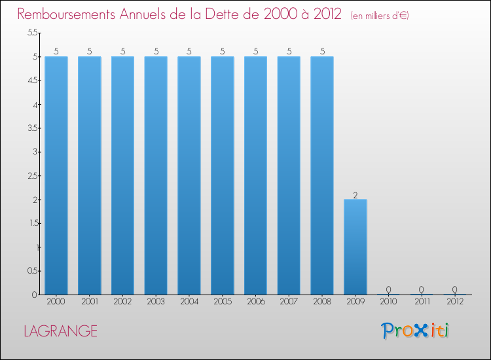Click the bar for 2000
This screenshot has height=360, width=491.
[x=56, y=175]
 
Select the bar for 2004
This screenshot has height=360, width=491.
[x=189, y=175]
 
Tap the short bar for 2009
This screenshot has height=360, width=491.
[x=355, y=247]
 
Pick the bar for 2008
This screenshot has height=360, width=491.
[x=322, y=175]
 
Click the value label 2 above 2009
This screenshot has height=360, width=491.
[x=355, y=195]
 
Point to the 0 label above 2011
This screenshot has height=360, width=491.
[x=422, y=289]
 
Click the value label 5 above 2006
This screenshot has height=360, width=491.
[x=256, y=51]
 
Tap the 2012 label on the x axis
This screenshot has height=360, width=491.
[x=455, y=302]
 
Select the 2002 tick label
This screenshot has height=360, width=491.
[x=122, y=302]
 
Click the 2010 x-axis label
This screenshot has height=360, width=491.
[x=388, y=302]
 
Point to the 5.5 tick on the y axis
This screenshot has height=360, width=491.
[x=33, y=32]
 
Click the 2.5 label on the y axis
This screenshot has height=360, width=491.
[x=33, y=175]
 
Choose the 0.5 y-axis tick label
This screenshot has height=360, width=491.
[x=33, y=271]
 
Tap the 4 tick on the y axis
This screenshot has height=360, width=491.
[x=35, y=105]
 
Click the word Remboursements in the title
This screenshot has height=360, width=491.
[x=66, y=14]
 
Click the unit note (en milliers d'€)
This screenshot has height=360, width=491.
[x=380, y=16]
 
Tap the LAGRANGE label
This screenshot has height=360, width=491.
[x=61, y=331]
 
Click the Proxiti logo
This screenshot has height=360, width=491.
[x=415, y=331]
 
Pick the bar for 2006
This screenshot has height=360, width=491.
[x=256, y=175]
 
